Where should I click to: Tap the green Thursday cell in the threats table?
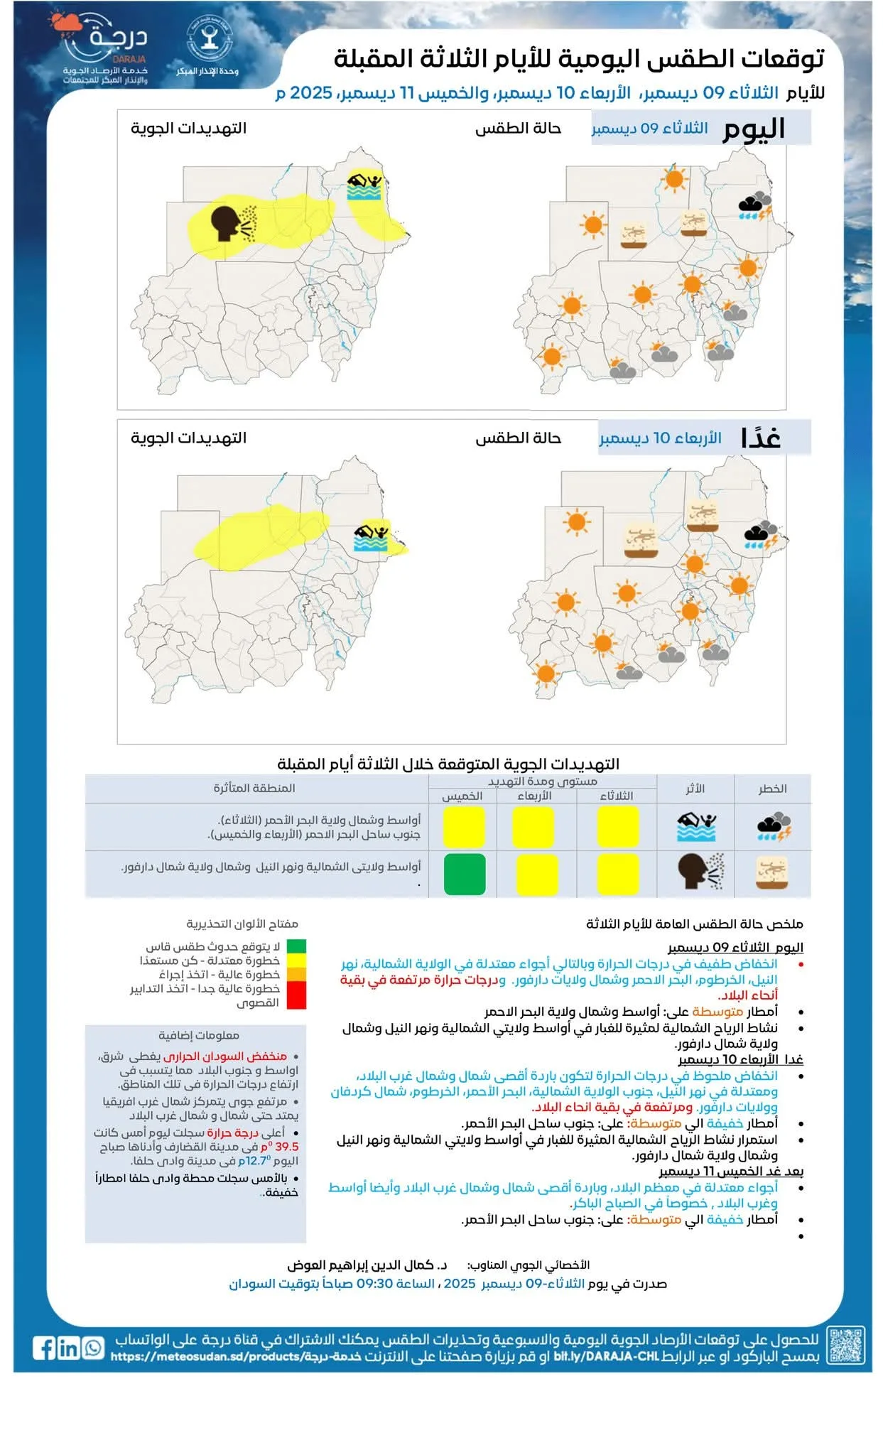click(465, 874)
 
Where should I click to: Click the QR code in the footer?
click(846, 1345)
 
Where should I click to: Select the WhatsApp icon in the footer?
click(93, 1348)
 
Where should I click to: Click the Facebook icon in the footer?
click(44, 1348)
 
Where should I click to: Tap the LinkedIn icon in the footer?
click(68, 1348)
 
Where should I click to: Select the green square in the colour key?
click(296, 946)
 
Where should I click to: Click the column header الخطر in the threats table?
click(772, 789)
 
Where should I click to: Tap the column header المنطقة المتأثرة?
click(254, 788)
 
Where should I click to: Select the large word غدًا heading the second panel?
click(760, 438)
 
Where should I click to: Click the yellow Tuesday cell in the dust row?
click(617, 874)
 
